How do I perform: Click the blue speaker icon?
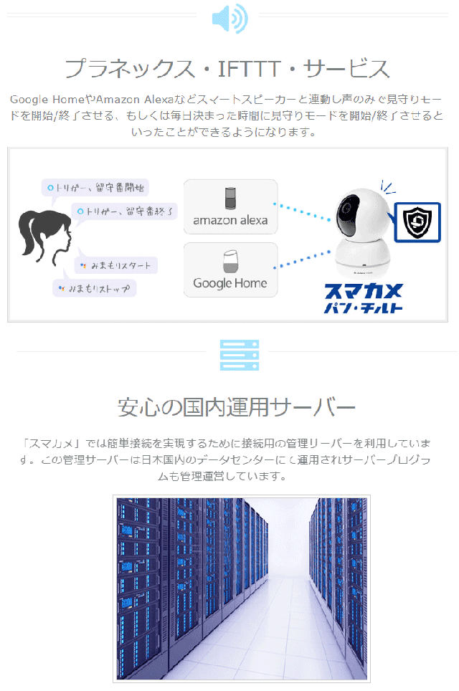[x=229, y=18]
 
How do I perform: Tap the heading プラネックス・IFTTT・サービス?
[x=227, y=69]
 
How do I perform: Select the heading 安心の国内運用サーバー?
[x=237, y=407]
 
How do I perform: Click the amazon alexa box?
[x=230, y=206]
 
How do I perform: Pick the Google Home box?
[x=230, y=269]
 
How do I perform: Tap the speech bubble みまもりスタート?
[x=117, y=265]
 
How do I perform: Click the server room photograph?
[x=241, y=588]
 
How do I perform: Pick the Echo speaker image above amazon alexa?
[x=230, y=196]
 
